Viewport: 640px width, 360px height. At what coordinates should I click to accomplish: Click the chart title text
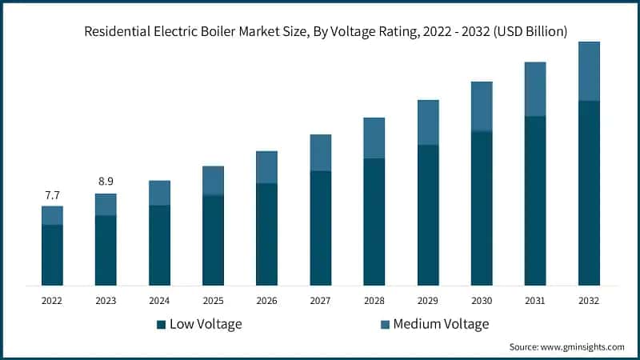pyautogui.click(x=320, y=31)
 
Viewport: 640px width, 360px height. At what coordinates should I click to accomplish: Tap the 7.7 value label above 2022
pyautogui.click(x=52, y=195)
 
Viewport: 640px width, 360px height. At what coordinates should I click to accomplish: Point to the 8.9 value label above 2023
pyautogui.click(x=106, y=182)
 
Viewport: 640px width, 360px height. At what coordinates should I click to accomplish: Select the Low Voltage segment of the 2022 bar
pyautogui.click(x=52, y=255)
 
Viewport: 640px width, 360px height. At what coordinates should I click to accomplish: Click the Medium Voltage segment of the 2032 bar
pyautogui.click(x=589, y=71)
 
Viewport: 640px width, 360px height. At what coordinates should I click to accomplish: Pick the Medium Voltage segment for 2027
pyautogui.click(x=320, y=152)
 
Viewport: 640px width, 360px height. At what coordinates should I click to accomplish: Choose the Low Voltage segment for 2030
pyautogui.click(x=482, y=208)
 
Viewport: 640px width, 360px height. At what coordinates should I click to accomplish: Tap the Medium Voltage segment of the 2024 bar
pyautogui.click(x=159, y=193)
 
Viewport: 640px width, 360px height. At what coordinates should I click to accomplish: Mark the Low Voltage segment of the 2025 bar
pyautogui.click(x=213, y=240)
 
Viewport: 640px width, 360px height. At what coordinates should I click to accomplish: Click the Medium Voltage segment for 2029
pyautogui.click(x=428, y=122)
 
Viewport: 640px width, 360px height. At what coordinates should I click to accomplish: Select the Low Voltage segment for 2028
pyautogui.click(x=374, y=222)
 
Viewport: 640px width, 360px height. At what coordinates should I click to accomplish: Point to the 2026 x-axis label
pyautogui.click(x=266, y=301)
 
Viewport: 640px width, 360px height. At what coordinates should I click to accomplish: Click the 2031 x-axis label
pyautogui.click(x=535, y=301)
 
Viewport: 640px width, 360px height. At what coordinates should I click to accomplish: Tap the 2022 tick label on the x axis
pyautogui.click(x=52, y=301)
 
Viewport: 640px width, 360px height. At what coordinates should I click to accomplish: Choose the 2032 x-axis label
pyautogui.click(x=589, y=301)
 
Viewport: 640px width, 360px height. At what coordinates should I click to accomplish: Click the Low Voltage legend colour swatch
pyautogui.click(x=161, y=324)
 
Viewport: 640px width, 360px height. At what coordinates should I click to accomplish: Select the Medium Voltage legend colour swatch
pyautogui.click(x=384, y=324)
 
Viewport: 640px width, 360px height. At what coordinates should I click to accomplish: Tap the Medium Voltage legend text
pyautogui.click(x=441, y=324)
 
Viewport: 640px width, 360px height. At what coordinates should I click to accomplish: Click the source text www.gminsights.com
pyautogui.click(x=566, y=347)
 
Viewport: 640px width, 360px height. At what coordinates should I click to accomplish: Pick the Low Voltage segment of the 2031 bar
pyautogui.click(x=535, y=200)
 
